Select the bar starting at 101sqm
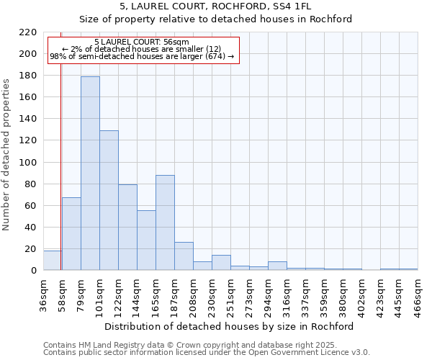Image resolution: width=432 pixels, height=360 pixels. pos(109,200)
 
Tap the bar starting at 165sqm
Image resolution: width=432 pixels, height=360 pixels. pos(165,222)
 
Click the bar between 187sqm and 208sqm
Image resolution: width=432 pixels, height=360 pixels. pos(184,256)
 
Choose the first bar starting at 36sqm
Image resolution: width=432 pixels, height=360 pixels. pos(52,261)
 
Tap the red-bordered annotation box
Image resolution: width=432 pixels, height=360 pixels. pos(142,50)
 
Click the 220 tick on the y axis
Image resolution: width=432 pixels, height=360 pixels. pos(28,32)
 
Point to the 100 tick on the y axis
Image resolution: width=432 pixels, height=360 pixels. pos(28,163)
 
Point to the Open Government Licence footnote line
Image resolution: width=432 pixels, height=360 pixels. pos(207,352)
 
